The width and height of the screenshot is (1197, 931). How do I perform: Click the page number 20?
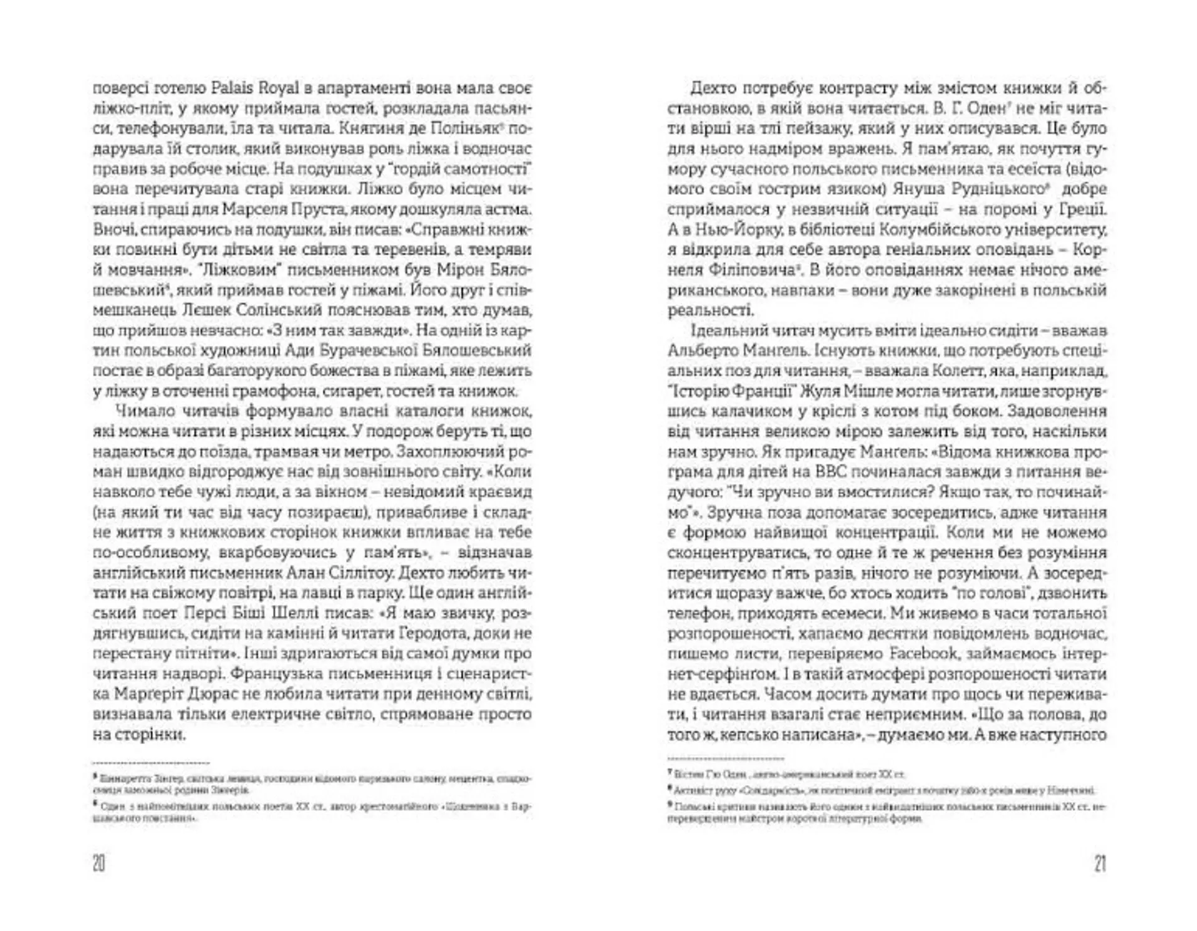click(x=99, y=864)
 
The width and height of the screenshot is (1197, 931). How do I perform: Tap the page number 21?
click(x=1100, y=864)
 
